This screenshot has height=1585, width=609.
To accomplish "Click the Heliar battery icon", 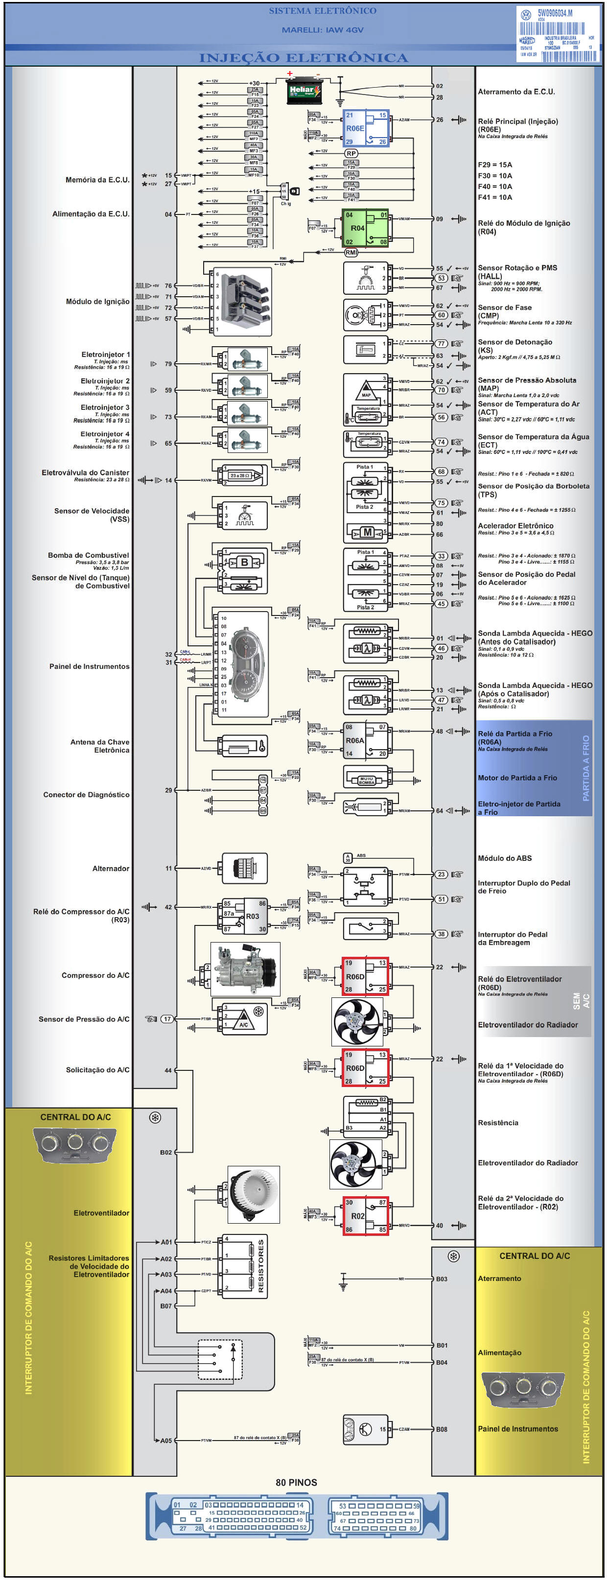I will [x=304, y=92].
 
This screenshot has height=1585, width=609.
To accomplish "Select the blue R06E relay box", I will [x=366, y=129].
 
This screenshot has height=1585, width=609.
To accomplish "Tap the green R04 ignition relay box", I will [x=365, y=228].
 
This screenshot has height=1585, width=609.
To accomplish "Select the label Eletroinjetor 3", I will [x=105, y=407].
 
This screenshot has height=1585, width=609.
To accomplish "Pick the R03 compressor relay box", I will [x=245, y=916].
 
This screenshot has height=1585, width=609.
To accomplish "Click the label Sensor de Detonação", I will [x=515, y=342].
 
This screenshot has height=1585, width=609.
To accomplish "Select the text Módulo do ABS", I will [x=504, y=858].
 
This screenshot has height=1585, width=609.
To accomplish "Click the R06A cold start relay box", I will [x=365, y=740].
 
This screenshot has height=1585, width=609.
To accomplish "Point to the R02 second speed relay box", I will [x=365, y=1216].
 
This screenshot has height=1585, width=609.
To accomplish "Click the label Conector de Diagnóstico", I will [x=86, y=795].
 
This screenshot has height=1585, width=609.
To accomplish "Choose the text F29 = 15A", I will [x=494, y=165].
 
